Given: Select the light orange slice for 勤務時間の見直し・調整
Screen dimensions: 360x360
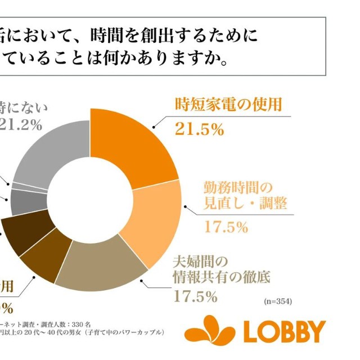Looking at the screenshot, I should (x=153, y=219).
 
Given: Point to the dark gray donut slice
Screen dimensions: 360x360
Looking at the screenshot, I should (x=22, y=201).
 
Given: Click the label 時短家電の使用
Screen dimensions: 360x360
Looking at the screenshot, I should (x=228, y=105).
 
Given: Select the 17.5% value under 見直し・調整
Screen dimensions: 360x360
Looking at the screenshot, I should (x=225, y=227).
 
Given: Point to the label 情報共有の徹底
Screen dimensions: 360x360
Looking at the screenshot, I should (x=222, y=277).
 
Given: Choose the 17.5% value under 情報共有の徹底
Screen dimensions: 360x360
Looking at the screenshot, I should (x=195, y=295).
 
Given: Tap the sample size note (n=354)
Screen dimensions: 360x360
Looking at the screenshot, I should (x=278, y=301).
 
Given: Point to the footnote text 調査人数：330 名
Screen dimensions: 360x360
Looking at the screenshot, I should (x=53, y=325).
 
